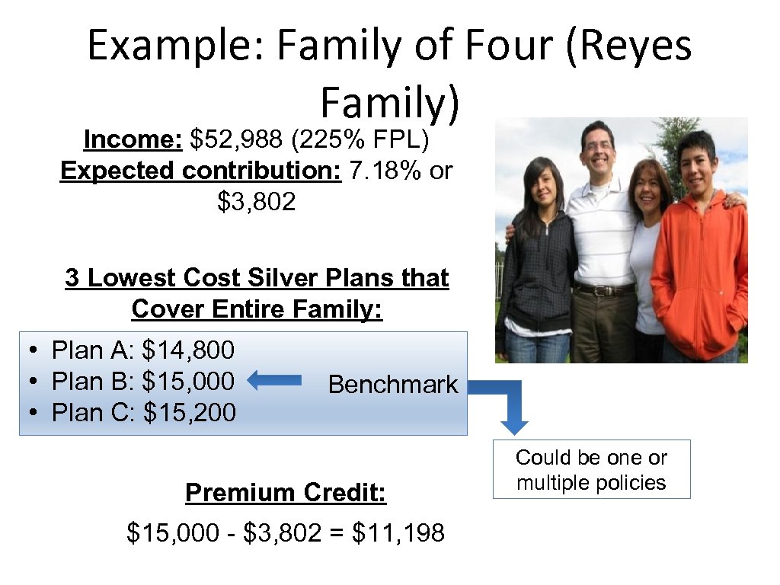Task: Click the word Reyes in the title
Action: pos(628,46)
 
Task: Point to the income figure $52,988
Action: pos(234,140)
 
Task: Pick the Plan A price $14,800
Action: pos(188,350)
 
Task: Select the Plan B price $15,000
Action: pos(188,381)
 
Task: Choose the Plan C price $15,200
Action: pos(189,413)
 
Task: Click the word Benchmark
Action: pos(393,385)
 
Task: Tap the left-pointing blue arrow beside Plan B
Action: pos(275,381)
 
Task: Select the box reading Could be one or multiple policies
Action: pos(591,469)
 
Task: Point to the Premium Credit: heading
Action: pos(286,494)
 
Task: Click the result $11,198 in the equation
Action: pos(398,533)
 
